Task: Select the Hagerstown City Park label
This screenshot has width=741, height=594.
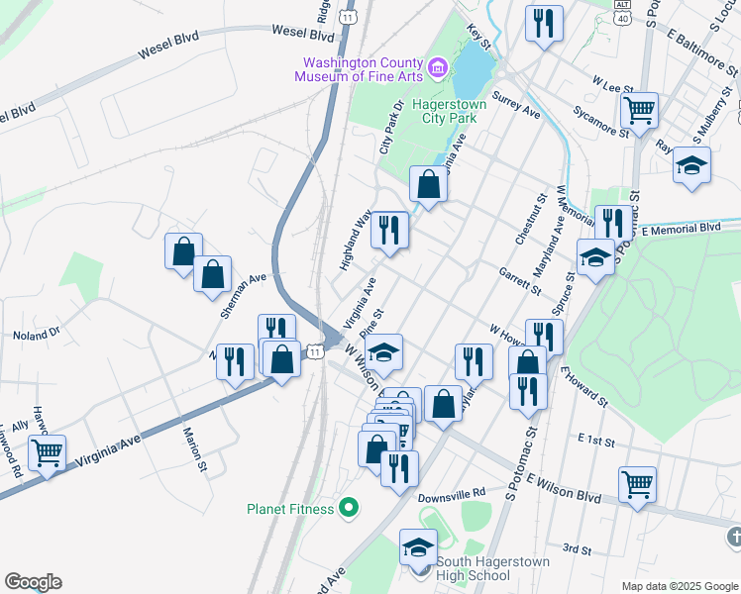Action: (436, 111)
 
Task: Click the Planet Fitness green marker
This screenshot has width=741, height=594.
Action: (348, 509)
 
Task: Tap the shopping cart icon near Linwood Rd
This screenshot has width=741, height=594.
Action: (47, 453)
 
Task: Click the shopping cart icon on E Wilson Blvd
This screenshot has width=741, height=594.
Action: (637, 485)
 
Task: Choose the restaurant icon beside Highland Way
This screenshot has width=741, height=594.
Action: (389, 231)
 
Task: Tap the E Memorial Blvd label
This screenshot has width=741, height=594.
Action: (681, 229)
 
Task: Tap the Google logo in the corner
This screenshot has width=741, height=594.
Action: (33, 581)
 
